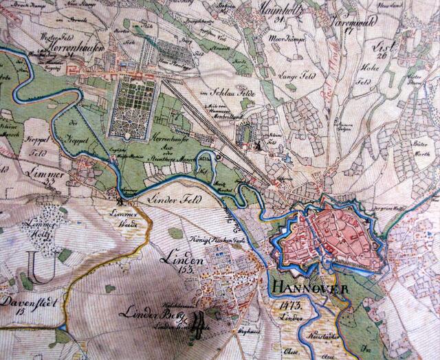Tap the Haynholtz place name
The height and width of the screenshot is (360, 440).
[280, 10]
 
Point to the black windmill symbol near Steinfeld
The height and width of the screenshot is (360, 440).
[256, 145]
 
